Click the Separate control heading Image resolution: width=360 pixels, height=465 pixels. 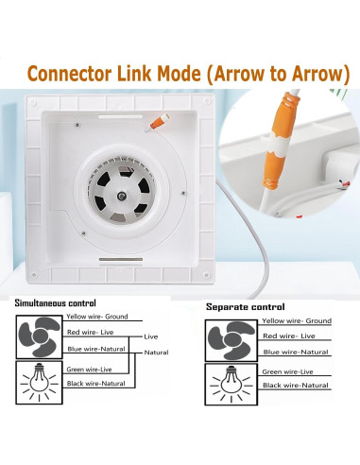(245, 306)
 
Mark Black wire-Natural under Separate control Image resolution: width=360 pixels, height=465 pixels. (296, 386)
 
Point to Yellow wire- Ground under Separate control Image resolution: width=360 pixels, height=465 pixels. (297, 320)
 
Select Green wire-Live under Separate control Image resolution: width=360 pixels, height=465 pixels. (289, 371)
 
